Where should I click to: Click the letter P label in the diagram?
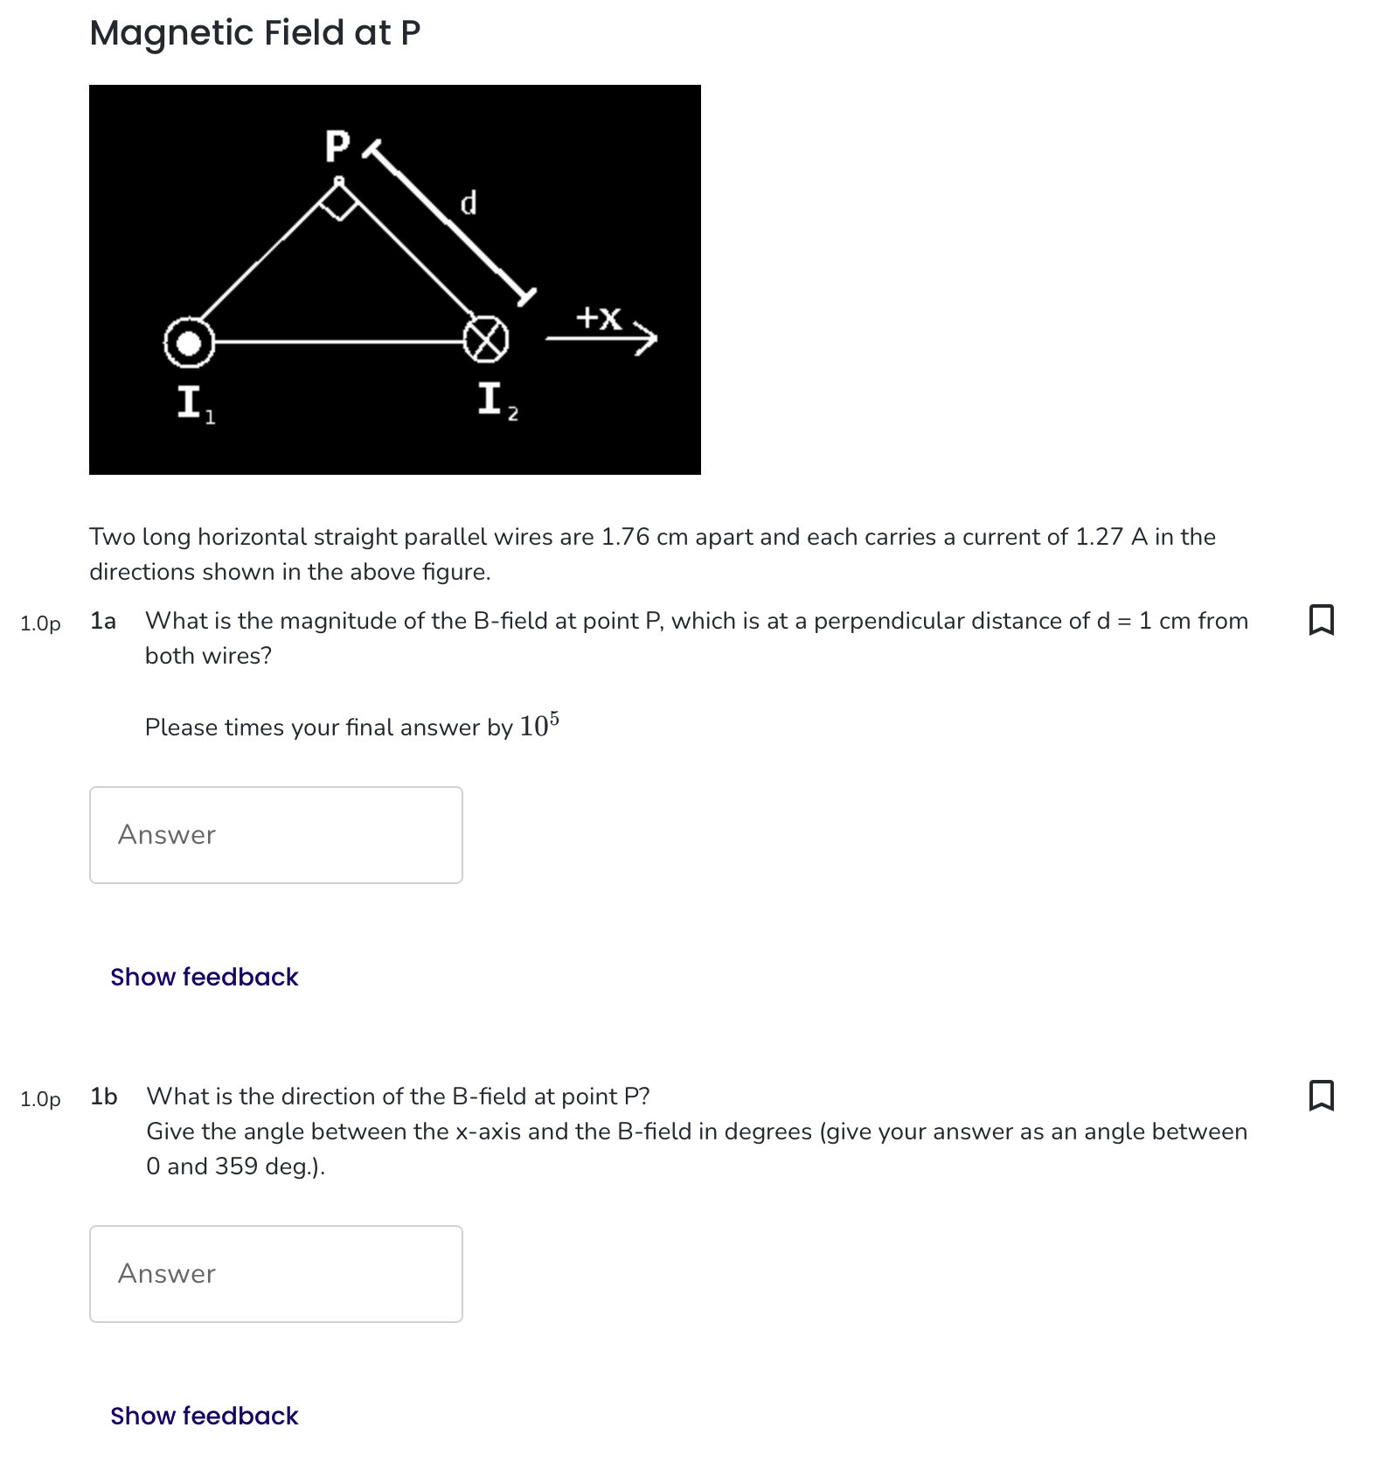(x=337, y=146)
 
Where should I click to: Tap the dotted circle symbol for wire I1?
(x=189, y=343)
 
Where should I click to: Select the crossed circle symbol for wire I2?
(x=485, y=339)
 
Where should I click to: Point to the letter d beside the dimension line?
(x=469, y=203)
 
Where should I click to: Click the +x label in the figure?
(x=599, y=317)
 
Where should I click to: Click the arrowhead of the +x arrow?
(x=648, y=338)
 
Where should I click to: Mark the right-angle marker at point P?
(x=339, y=204)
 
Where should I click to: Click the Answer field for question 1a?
(x=275, y=835)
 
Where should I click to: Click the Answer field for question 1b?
(x=275, y=1274)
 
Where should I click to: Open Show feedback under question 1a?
(x=204, y=977)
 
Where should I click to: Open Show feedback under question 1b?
(x=204, y=1416)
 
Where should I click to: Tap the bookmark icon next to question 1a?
(x=1321, y=620)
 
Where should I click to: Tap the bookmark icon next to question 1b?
(x=1321, y=1095)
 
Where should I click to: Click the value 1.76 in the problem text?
(x=625, y=537)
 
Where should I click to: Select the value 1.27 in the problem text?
(x=1099, y=537)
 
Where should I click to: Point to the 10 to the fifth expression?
(x=538, y=726)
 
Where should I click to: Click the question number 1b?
(x=103, y=1097)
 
